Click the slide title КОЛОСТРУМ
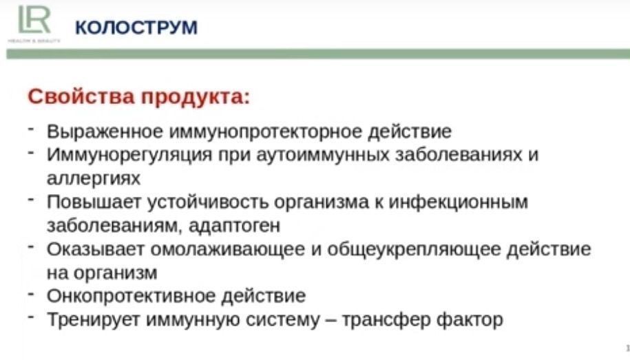click(136, 28)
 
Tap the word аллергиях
click(94, 178)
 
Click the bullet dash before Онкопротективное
click(32, 294)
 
